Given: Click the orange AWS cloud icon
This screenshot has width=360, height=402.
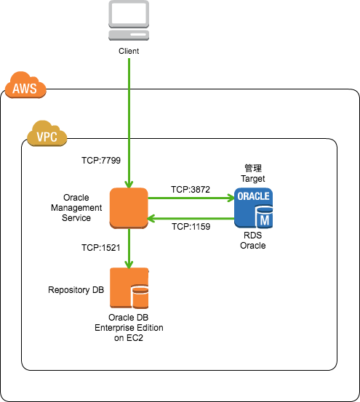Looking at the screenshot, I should [x=25, y=85].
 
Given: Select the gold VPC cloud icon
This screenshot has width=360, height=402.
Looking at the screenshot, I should [x=47, y=134].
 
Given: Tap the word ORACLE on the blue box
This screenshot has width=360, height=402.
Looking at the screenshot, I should [x=253, y=196].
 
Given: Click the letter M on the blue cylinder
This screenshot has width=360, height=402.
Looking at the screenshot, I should [x=265, y=220].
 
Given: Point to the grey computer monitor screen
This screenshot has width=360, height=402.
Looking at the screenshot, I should [x=129, y=13].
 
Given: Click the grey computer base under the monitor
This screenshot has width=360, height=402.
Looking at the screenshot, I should [x=129, y=34].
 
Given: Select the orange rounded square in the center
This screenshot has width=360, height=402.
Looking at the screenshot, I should [x=129, y=207].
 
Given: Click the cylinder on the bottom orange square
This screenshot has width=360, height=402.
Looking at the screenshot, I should [x=140, y=297].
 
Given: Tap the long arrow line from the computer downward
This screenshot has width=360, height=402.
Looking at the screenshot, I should [x=129, y=116].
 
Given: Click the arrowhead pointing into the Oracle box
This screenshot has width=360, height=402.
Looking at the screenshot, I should [x=230, y=198].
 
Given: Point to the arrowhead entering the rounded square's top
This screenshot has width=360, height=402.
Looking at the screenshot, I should [x=129, y=184].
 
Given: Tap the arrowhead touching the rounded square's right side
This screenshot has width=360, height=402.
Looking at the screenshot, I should [x=152, y=218].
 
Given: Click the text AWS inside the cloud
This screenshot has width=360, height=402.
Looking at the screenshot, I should [x=25, y=89].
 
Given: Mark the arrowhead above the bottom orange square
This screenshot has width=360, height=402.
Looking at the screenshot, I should [x=129, y=264].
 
